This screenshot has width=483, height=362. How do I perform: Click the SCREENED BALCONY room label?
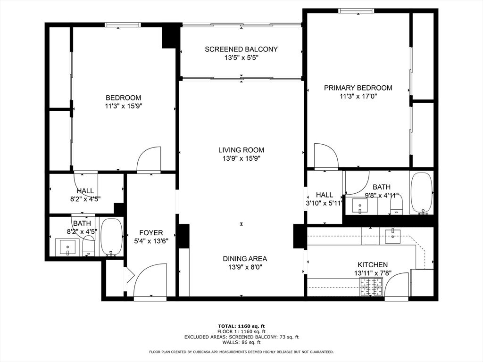[x=241, y=49]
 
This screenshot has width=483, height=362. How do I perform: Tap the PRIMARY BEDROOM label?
[x=358, y=88]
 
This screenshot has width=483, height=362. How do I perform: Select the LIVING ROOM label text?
[x=241, y=150]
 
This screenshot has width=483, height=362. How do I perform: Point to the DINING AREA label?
[x=245, y=258]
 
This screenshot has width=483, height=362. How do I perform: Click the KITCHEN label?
[x=373, y=265]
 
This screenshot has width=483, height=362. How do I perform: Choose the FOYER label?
[x=151, y=232]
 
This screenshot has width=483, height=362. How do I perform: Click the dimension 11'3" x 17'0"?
[x=358, y=96]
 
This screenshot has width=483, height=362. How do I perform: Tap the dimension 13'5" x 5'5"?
[x=241, y=58]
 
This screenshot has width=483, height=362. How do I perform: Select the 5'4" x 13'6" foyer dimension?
[x=151, y=240]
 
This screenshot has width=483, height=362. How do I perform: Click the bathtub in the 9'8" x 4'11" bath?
[x=422, y=193]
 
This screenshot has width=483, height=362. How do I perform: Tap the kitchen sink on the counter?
[x=393, y=236]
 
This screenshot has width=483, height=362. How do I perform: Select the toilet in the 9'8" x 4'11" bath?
[x=397, y=204]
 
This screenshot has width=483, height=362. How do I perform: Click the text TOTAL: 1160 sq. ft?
[x=241, y=326]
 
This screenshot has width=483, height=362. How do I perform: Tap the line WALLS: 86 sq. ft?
[x=241, y=342]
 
